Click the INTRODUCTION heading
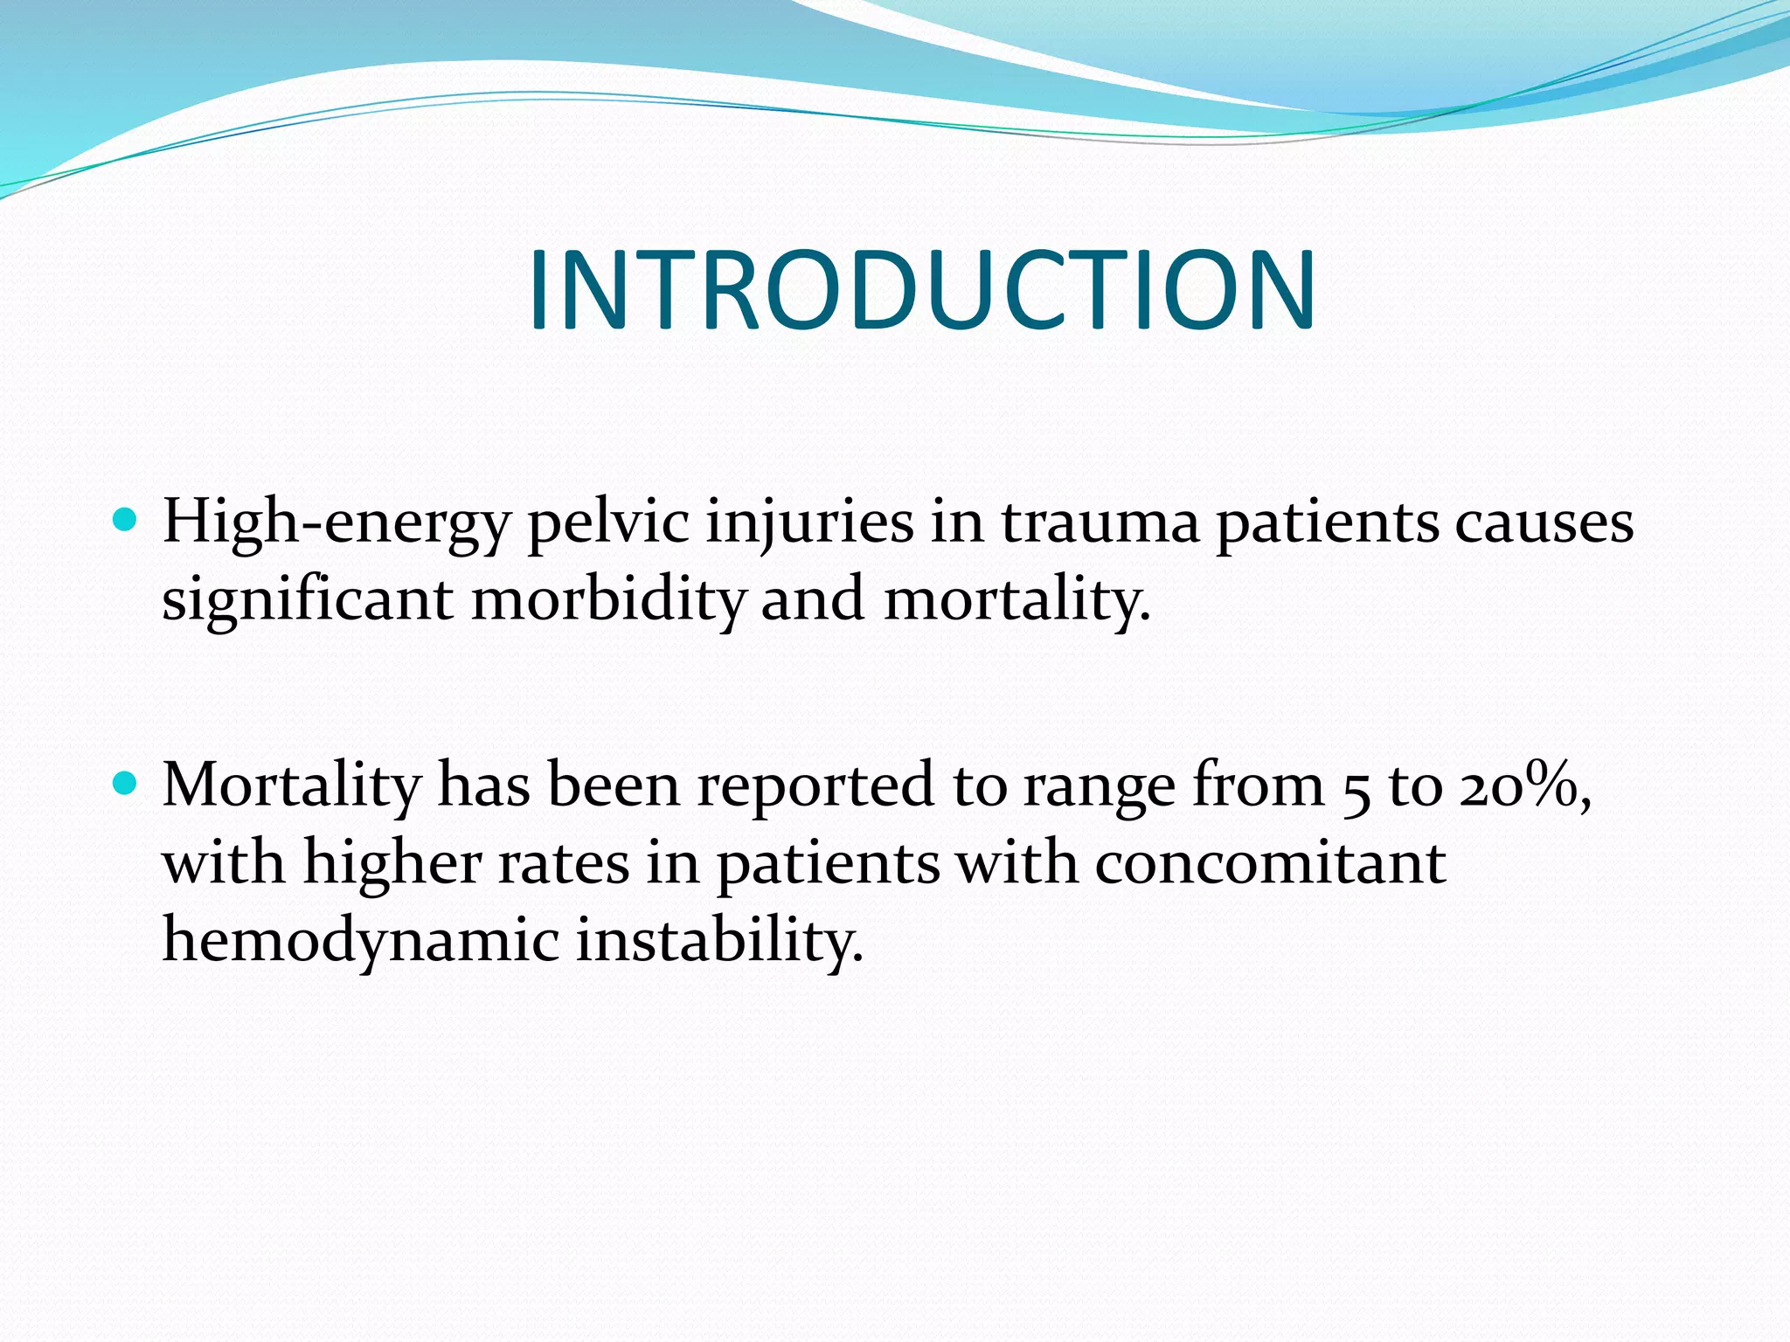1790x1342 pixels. coord(921,290)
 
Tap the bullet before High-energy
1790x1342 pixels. coord(126,522)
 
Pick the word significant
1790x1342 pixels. coord(307,601)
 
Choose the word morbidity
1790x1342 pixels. coord(608,601)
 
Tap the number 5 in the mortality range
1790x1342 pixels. coord(1356,788)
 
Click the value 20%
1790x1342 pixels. coord(1519,786)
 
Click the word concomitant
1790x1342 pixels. coord(1270,863)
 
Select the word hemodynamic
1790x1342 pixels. coord(361,942)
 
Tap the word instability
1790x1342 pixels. coord(718,942)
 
